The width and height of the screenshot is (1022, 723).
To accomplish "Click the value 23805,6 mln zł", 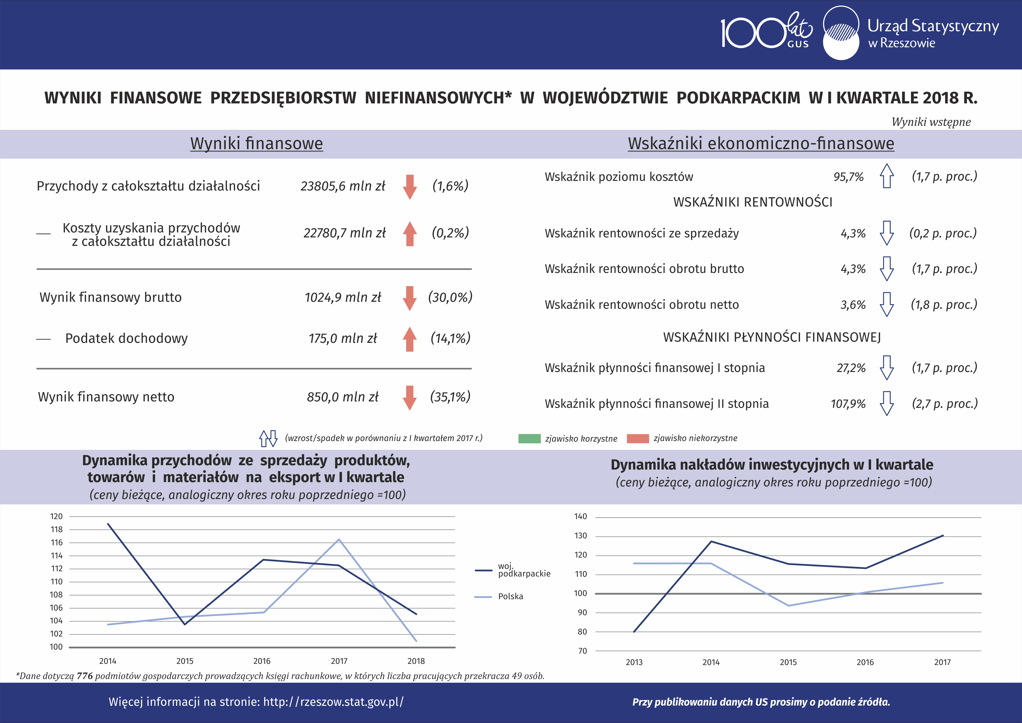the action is [x=343, y=186].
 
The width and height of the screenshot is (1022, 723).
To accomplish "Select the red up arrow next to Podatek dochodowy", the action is [x=410, y=339].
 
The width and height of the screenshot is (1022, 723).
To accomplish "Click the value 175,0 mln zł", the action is [x=343, y=339].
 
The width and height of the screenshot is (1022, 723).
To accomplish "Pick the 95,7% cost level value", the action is [x=848, y=177].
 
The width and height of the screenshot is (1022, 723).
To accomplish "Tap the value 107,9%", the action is [x=848, y=404].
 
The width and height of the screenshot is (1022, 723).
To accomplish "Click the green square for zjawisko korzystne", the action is [x=529, y=438].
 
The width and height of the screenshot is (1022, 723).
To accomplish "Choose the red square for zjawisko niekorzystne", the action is [x=638, y=438].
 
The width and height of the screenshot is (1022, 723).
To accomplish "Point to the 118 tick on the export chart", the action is [x=57, y=529].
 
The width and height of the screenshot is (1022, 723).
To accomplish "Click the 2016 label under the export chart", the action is [x=262, y=661].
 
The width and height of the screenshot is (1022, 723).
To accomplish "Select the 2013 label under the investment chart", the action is [x=634, y=662].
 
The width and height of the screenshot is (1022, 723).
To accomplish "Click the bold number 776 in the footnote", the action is [x=84, y=676].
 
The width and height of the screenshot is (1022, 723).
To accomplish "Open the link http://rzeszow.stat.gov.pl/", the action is [x=333, y=702].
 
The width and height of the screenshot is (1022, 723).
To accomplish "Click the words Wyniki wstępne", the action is [x=931, y=122].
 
